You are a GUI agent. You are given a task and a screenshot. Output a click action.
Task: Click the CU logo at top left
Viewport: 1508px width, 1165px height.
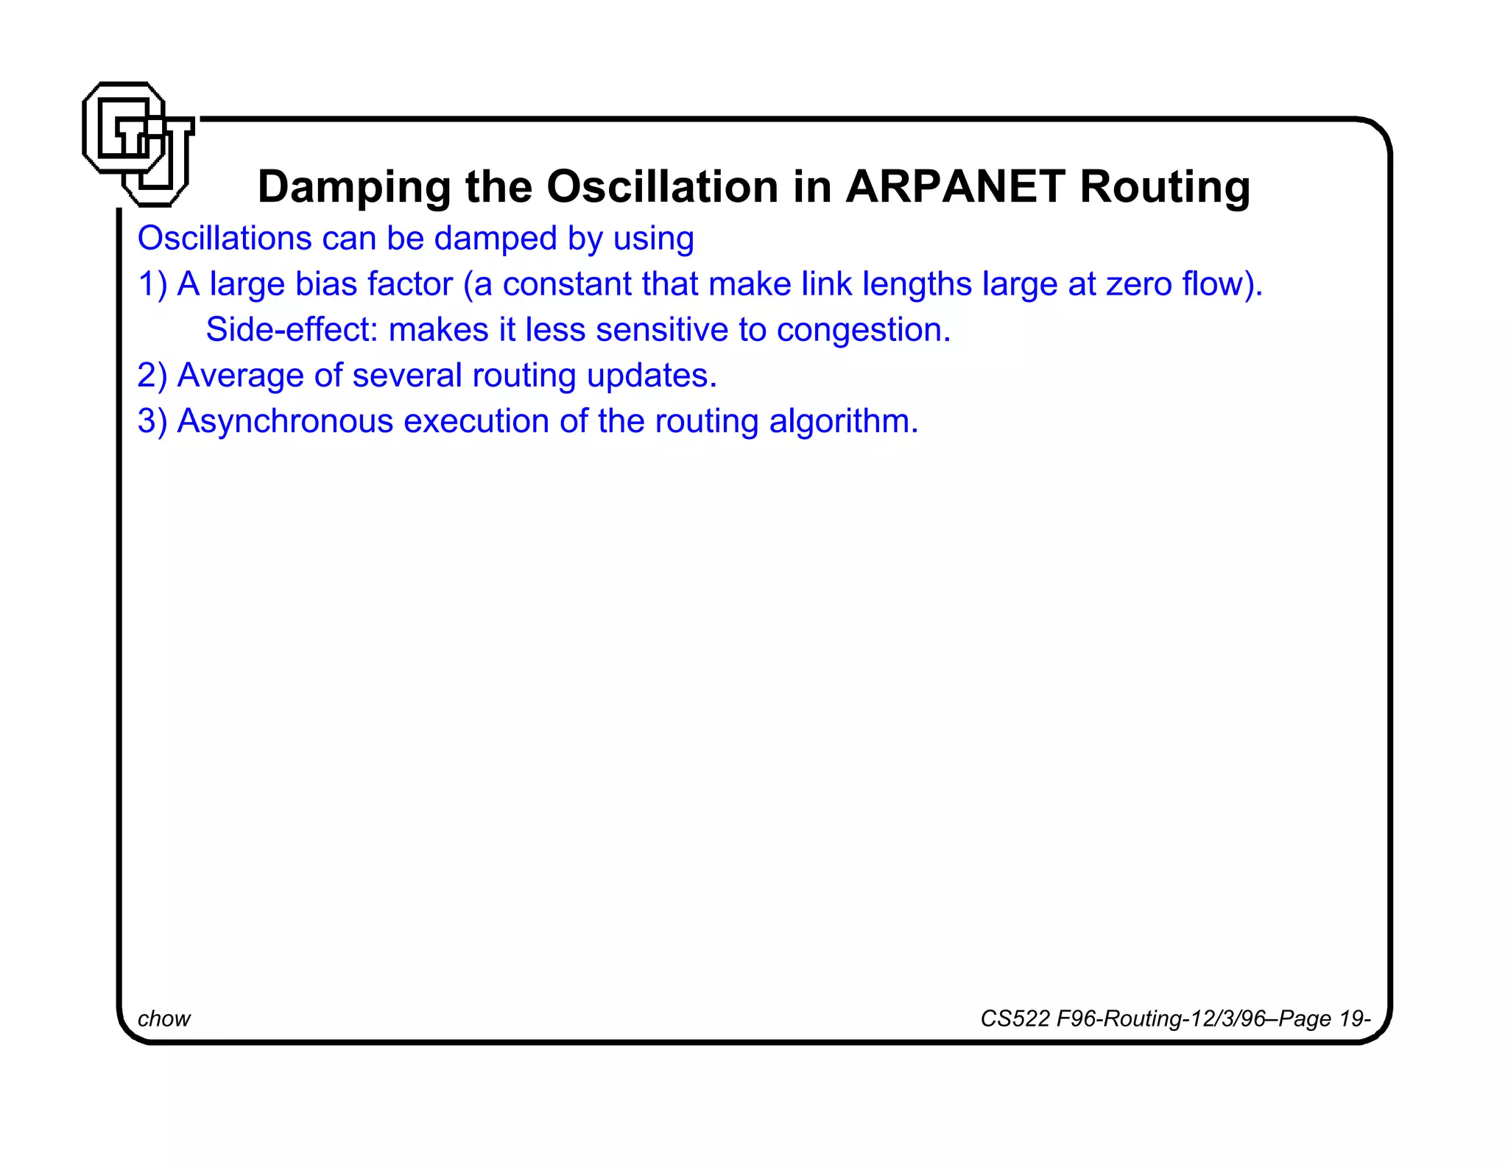(138, 144)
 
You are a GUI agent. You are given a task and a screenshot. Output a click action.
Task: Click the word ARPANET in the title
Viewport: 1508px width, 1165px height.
(955, 186)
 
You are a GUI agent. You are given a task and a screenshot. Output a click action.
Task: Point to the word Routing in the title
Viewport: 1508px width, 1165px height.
(1165, 188)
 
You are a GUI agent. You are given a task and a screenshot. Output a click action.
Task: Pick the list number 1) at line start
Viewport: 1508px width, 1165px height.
(152, 284)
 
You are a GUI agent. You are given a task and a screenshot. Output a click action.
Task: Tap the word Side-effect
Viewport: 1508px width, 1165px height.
(292, 330)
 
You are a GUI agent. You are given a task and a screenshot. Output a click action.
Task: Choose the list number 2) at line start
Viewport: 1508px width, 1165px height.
(152, 376)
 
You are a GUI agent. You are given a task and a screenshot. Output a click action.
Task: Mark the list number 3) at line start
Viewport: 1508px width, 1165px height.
(152, 421)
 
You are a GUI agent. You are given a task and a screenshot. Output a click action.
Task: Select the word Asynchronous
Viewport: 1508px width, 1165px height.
(286, 422)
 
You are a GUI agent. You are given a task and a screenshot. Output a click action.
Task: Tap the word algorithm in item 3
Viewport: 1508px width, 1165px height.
(843, 422)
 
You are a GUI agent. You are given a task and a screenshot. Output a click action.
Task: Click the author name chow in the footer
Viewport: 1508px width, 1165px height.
(164, 1018)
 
